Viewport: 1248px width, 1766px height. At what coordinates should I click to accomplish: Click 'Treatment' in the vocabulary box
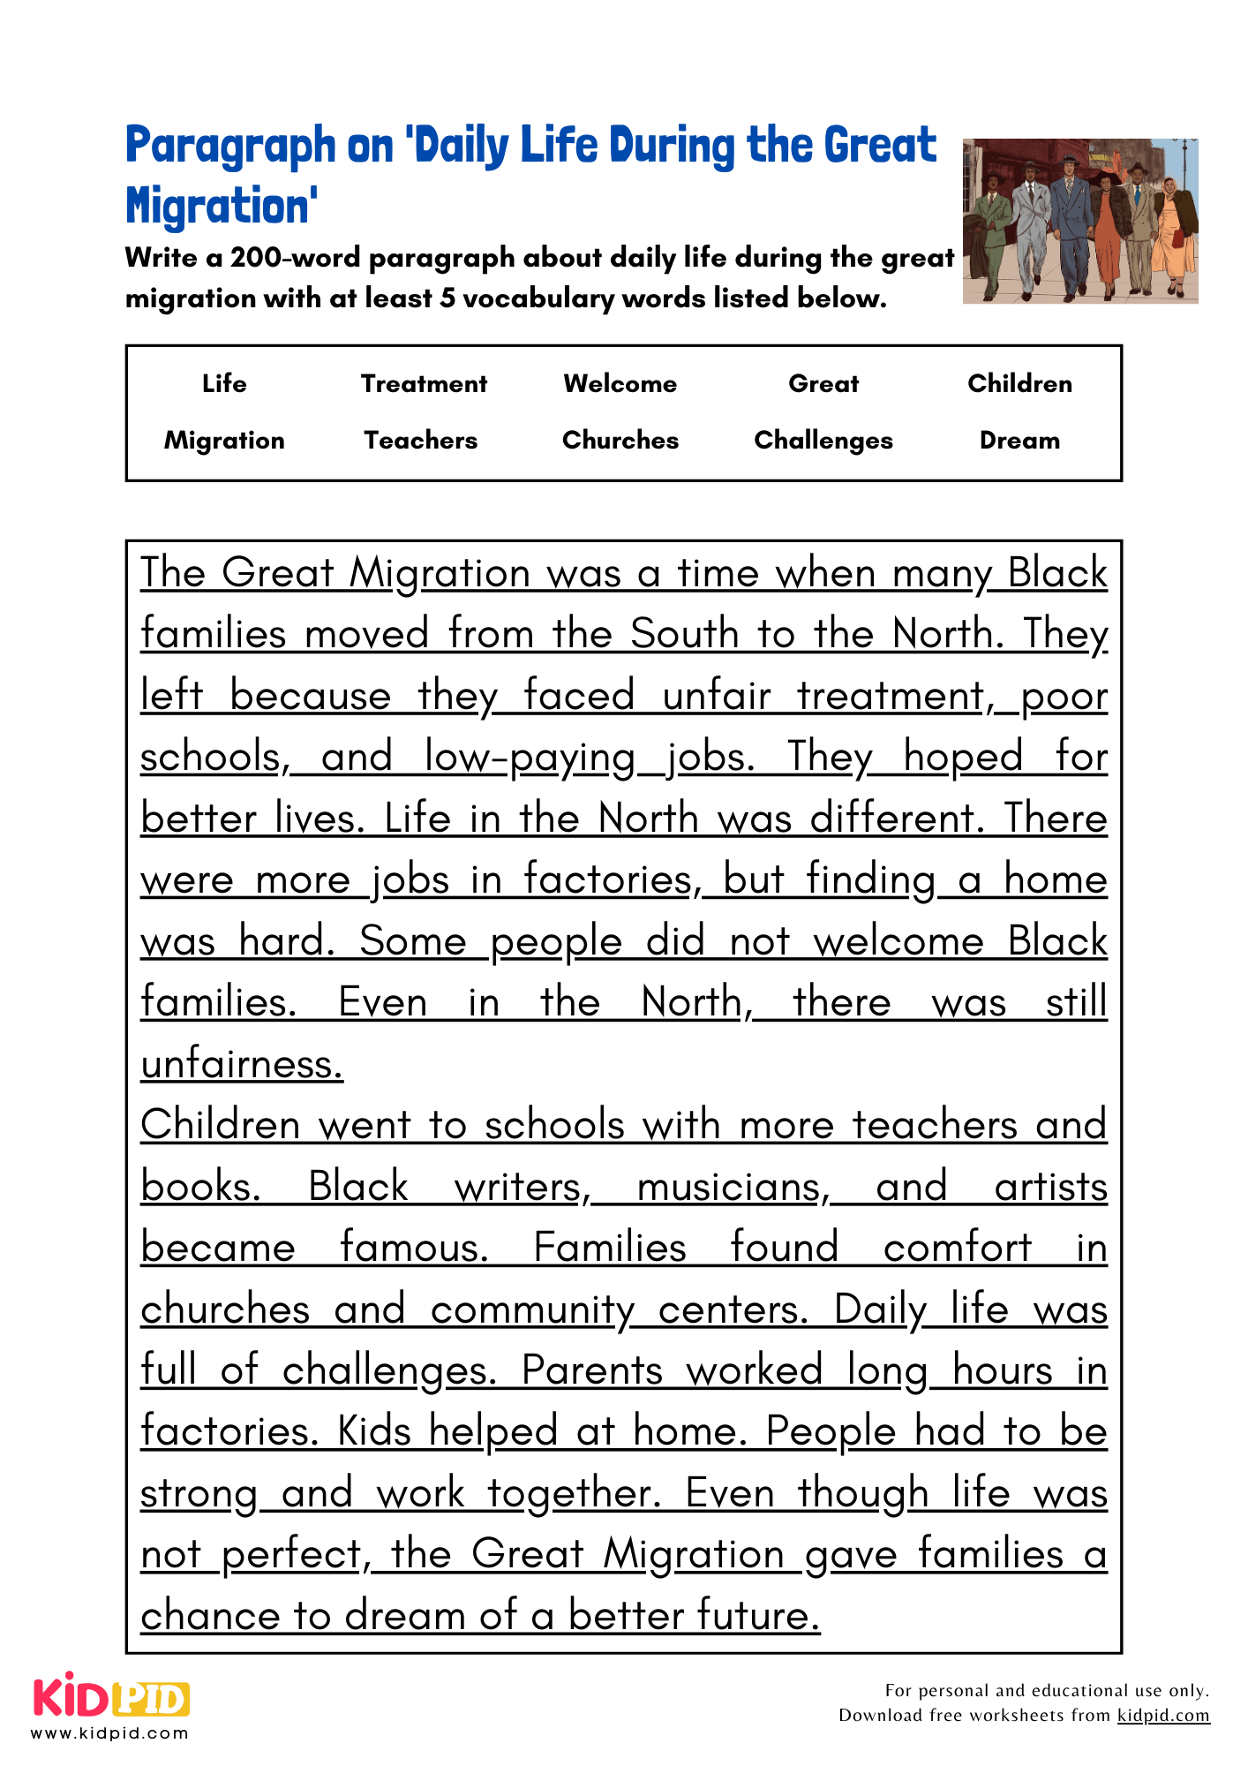coord(424,383)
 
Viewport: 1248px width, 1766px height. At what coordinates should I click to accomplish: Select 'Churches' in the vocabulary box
coord(620,440)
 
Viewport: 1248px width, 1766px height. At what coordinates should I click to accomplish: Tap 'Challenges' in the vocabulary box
coord(823,440)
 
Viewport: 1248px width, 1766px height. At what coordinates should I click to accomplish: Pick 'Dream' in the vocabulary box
coord(1019,440)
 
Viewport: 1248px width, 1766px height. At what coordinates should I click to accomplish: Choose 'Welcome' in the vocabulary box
coord(620,383)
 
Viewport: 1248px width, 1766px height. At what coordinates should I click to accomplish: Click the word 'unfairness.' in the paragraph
coord(242,1063)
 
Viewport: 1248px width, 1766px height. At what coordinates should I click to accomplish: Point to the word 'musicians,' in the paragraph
coord(733,1186)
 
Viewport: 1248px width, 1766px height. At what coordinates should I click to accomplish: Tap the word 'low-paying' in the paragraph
coord(530,757)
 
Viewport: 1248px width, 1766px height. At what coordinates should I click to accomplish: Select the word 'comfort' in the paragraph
coord(957,1247)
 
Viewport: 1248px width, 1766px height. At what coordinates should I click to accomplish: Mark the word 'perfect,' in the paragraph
coord(296,1553)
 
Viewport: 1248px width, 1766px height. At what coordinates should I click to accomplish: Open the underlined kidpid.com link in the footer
coord(1163,1715)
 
